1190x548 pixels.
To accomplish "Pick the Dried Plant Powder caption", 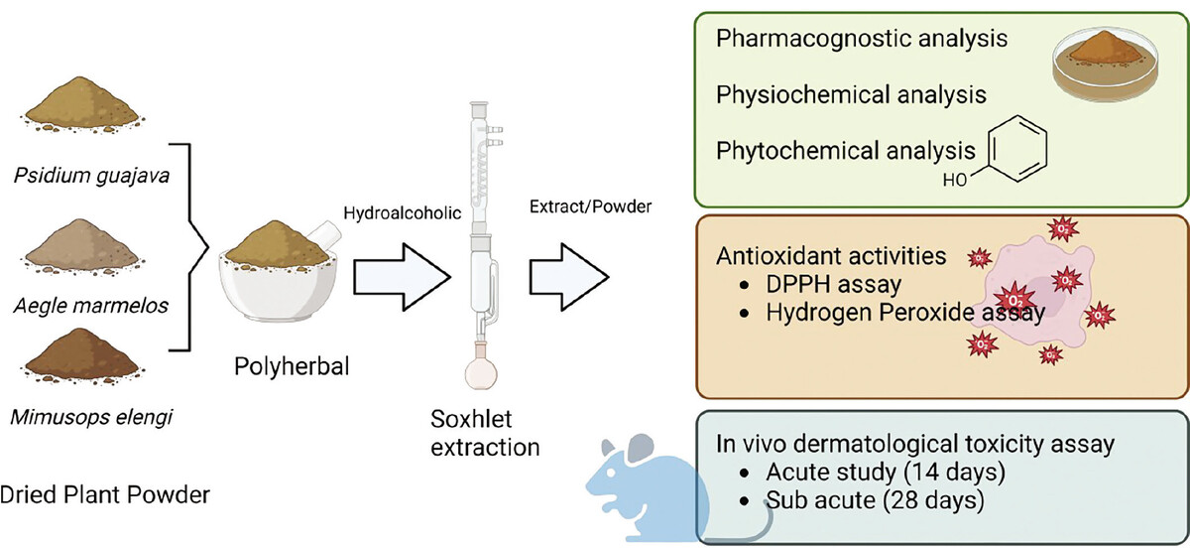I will (104, 493).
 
